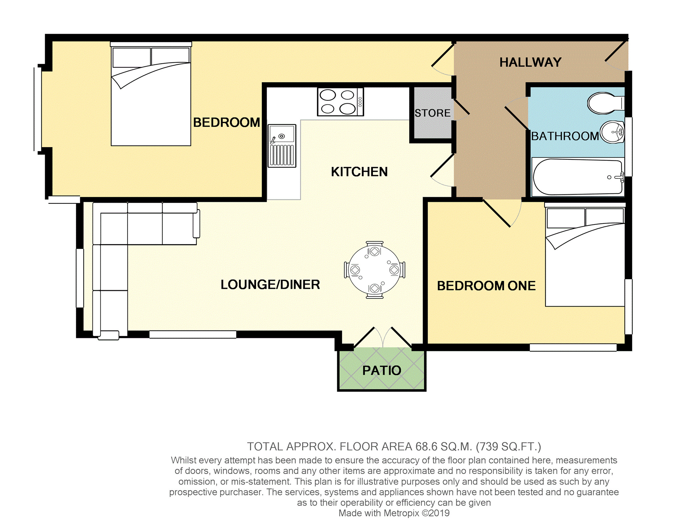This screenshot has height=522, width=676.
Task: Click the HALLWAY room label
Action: pyautogui.click(x=530, y=62)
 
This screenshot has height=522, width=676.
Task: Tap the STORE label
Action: pyautogui.click(x=432, y=113)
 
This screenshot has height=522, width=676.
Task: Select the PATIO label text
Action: pyautogui.click(x=382, y=370)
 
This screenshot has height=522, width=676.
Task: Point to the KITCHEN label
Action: pyautogui.click(x=359, y=172)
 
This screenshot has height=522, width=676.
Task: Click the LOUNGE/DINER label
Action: pyautogui.click(x=270, y=285)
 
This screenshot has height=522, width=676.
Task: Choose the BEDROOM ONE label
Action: pyautogui.click(x=486, y=286)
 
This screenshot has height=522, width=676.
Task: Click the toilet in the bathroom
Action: pyautogui.click(x=604, y=103)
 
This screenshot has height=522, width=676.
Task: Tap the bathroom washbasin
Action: pyautogui.click(x=613, y=132)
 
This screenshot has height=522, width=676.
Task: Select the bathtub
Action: pyautogui.click(x=578, y=177)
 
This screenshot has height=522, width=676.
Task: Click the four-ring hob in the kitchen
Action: pyautogui.click(x=340, y=102)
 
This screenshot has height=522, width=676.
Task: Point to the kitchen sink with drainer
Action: pyautogui.click(x=282, y=146)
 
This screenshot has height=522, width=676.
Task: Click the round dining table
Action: pyautogui.click(x=374, y=270)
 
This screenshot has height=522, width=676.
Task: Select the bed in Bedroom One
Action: pyautogui.click(x=585, y=257)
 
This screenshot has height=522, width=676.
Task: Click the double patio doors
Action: pyautogui.click(x=383, y=338)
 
